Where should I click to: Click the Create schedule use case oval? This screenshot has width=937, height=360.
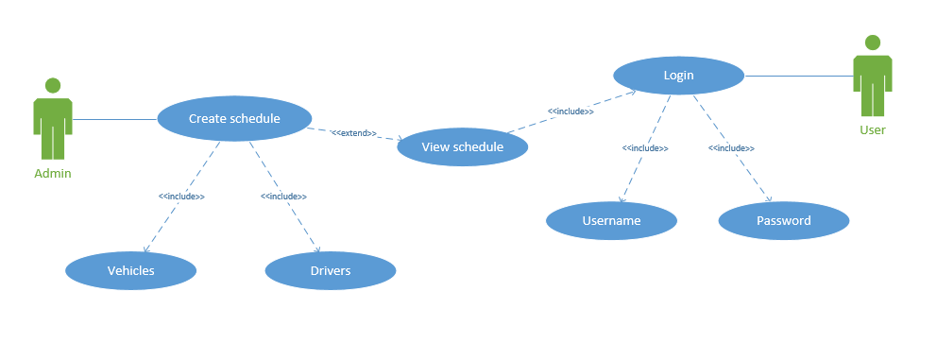(233, 118)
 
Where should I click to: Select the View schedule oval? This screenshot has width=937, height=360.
(462, 147)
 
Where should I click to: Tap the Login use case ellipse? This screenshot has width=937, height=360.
(678, 76)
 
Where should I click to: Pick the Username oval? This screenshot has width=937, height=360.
(611, 221)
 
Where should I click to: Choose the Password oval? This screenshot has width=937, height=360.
(783, 221)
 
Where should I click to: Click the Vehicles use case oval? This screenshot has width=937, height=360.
(130, 271)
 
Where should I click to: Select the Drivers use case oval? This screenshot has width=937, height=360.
(330, 271)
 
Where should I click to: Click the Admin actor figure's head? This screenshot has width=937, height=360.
(53, 85)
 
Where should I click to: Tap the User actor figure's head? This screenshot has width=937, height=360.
(872, 43)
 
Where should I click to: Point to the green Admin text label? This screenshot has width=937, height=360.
(53, 174)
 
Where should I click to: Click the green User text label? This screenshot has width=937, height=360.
(872, 129)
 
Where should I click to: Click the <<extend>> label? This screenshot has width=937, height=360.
(353, 133)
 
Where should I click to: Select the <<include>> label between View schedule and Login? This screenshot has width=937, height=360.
(571, 111)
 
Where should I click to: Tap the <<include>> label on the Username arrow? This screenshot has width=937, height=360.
(645, 148)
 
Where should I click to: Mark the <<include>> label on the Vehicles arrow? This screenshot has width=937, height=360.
(181, 197)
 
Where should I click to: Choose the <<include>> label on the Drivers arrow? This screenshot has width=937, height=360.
(283, 197)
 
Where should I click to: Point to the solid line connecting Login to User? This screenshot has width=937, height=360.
(798, 76)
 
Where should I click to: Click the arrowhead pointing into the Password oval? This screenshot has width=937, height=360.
(769, 199)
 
